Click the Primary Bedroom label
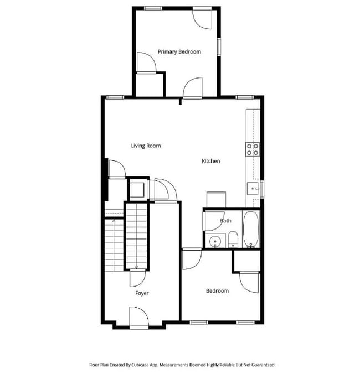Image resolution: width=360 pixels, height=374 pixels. (179, 51)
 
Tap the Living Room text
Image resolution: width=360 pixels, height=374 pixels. (146, 146)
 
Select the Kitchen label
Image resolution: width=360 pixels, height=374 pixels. (210, 161)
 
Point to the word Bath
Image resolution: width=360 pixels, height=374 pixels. (225, 221)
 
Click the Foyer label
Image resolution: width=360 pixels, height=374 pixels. (142, 293)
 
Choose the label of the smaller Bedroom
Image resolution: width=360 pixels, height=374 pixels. (217, 291)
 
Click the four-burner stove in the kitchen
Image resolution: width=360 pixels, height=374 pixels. (253, 148)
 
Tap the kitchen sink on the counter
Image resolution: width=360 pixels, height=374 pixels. (253, 189)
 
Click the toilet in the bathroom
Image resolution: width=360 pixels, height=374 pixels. (233, 240)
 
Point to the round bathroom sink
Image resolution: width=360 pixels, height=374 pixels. (214, 241)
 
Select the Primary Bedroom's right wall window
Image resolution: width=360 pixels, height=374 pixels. (219, 46)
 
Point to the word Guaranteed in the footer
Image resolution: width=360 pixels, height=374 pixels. (263, 365)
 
